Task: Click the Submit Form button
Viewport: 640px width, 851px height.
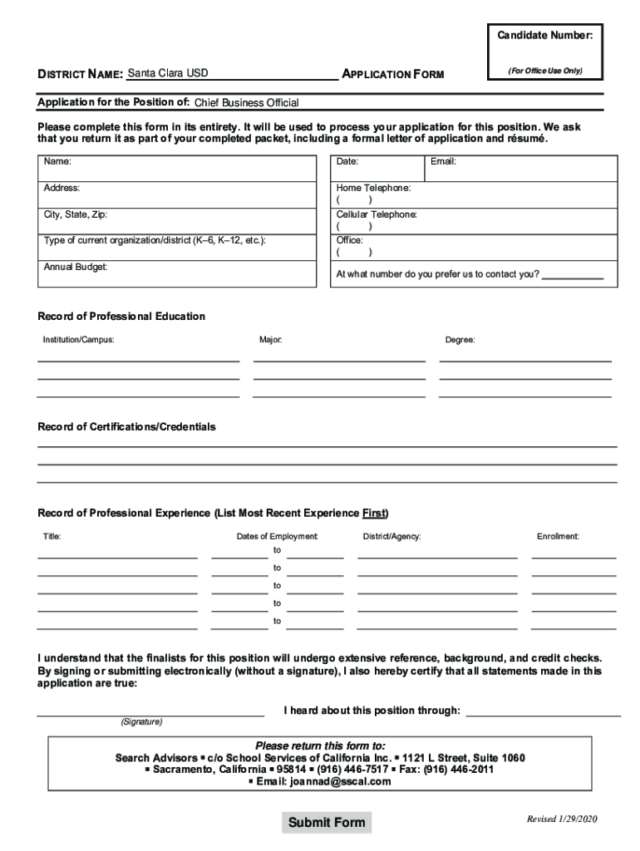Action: click(326, 823)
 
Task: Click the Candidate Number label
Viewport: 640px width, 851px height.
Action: click(544, 36)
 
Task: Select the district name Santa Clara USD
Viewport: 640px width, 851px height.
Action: click(168, 73)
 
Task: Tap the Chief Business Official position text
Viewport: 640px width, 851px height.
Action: click(246, 103)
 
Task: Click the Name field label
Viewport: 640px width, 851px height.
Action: click(57, 161)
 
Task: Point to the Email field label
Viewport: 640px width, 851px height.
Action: click(443, 161)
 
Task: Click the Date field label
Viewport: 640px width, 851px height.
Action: click(347, 161)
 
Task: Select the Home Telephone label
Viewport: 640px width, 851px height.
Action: click(373, 189)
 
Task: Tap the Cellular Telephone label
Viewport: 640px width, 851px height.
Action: click(377, 214)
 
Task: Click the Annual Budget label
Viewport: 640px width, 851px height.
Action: click(76, 267)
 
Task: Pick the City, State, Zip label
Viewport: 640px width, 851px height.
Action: click(76, 214)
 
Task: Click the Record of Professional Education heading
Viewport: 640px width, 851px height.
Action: click(121, 317)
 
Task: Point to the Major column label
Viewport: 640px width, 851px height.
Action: click(271, 340)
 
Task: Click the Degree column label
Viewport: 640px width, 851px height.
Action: click(460, 340)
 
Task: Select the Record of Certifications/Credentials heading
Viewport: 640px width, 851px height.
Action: click(126, 426)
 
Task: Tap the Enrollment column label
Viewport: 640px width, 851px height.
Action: click(558, 537)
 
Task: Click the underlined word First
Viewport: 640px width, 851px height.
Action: click(374, 513)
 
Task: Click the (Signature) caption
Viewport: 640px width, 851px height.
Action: click(141, 721)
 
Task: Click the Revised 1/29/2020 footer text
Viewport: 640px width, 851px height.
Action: click(562, 819)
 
